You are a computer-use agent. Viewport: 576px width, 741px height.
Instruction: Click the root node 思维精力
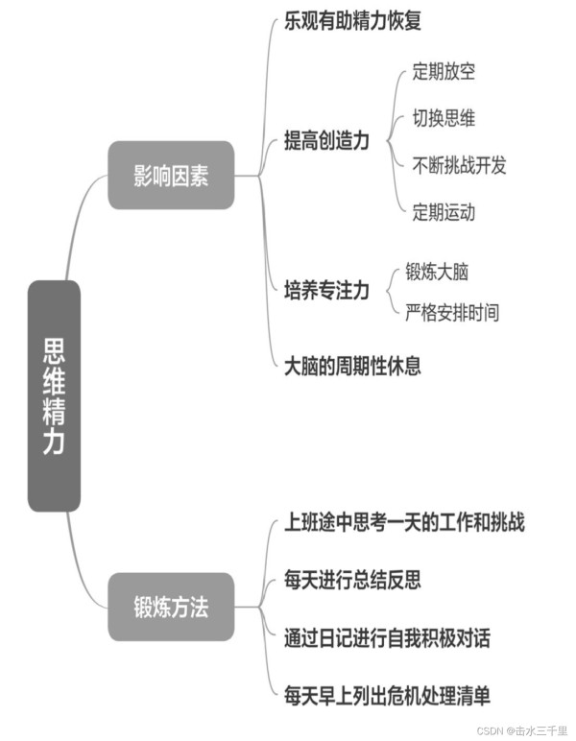click(54, 396)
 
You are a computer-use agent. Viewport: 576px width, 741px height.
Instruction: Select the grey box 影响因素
click(171, 176)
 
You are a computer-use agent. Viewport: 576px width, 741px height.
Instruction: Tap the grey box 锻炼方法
click(171, 607)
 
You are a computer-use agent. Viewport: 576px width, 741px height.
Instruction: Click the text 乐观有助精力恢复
click(352, 21)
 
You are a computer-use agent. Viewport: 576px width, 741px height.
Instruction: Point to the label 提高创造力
click(326, 140)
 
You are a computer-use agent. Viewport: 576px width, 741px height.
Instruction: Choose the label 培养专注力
click(326, 290)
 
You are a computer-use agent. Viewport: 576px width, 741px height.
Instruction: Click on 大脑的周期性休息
click(352, 366)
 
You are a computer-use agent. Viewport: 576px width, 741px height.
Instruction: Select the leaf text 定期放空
click(444, 72)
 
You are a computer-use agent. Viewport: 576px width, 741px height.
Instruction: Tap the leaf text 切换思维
click(444, 118)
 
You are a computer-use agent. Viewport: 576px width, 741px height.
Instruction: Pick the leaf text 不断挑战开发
click(459, 165)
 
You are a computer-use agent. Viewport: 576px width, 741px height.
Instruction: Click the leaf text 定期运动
click(444, 212)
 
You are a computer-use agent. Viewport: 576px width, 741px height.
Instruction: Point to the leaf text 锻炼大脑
click(437, 272)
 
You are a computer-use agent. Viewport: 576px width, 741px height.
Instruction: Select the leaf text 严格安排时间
click(452, 312)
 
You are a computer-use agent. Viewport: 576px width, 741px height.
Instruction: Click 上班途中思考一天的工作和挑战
click(404, 522)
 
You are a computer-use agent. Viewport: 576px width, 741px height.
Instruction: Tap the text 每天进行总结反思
click(352, 580)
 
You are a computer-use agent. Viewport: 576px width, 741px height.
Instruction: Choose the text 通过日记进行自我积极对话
click(387, 637)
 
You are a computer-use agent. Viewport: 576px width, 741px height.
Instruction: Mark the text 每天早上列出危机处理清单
click(387, 696)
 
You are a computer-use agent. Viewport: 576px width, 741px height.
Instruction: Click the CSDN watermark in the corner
click(521, 730)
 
